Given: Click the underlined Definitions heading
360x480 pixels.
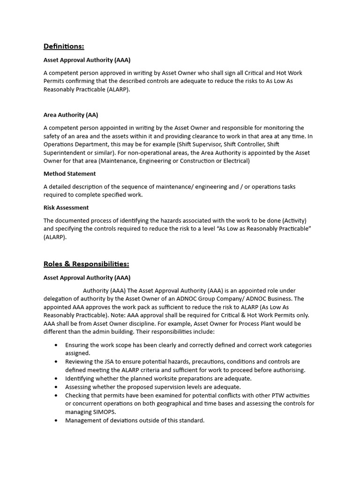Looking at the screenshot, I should coord(64,46).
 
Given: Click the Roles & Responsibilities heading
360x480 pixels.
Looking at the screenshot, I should coord(86,264).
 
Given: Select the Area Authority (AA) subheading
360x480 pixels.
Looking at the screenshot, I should coord(71,115).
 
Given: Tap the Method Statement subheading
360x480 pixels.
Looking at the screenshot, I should coord(70,173).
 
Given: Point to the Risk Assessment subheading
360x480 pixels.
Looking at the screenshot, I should coord(66,208).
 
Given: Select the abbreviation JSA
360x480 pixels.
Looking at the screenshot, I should coord(112,362).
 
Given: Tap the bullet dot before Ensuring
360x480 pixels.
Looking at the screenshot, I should coord(56,345).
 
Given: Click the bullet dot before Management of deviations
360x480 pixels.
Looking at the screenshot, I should coord(56,420).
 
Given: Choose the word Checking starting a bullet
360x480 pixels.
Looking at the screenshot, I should coord(78,395).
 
